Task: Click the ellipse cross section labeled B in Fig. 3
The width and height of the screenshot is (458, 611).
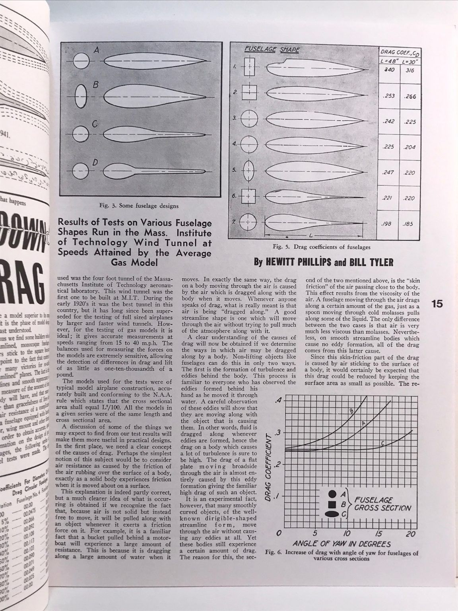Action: [80, 96]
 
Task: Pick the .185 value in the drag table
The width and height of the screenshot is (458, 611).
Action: [408, 224]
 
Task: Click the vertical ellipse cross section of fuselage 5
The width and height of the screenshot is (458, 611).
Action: [249, 170]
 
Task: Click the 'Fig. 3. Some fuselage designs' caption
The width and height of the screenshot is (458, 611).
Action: [138, 206]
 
